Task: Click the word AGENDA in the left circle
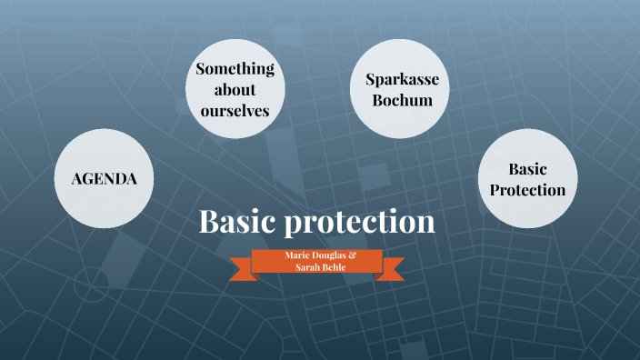pyautogui.click(x=105, y=179)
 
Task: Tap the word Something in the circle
pyautogui.click(x=235, y=70)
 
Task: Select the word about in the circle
pyautogui.click(x=235, y=90)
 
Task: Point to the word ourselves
pyautogui.click(x=235, y=110)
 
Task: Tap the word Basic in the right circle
pyautogui.click(x=525, y=169)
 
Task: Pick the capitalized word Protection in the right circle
pyautogui.click(x=525, y=189)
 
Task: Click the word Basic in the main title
pyautogui.click(x=238, y=222)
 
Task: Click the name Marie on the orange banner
pyautogui.click(x=295, y=255)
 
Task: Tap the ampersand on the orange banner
pyautogui.click(x=352, y=255)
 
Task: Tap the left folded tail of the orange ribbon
pyautogui.click(x=242, y=269)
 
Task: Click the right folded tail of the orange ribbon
pyautogui.click(x=393, y=269)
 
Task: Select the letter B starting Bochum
pyautogui.click(x=377, y=100)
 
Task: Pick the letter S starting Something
pyautogui.click(x=201, y=70)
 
